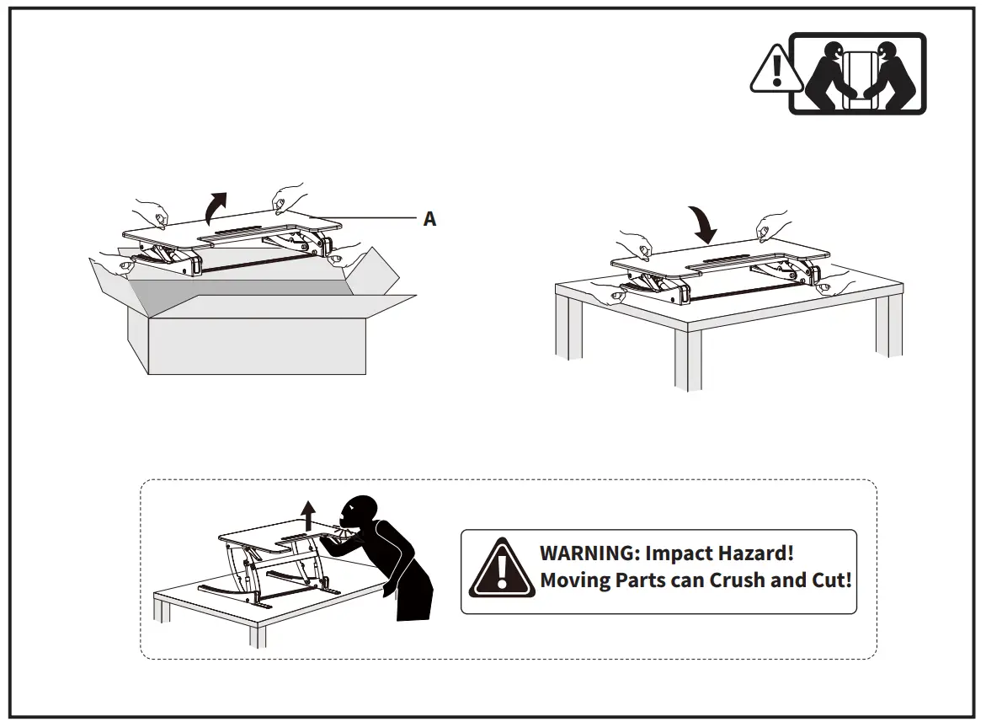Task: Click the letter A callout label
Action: [x=429, y=219]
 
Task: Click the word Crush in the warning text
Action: [x=740, y=580]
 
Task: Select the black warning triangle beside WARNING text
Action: [x=502, y=569]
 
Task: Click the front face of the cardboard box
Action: [x=257, y=345]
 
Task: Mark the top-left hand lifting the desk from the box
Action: [x=152, y=211]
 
